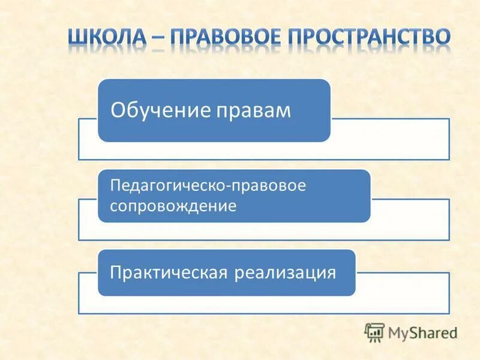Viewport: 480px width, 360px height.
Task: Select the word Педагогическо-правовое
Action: pyautogui.click(x=208, y=185)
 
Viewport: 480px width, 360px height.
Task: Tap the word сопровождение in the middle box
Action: pyautogui.click(x=173, y=206)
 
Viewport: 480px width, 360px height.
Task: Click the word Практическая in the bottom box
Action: pyautogui.click(x=167, y=273)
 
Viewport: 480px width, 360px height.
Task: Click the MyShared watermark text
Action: pyautogui.click(x=422, y=332)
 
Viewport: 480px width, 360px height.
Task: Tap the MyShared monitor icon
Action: pyautogui.click(x=374, y=332)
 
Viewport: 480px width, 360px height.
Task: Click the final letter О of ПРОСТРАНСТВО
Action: pyautogui.click(x=440, y=37)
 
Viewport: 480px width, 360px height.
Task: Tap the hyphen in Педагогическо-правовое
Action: pyautogui.click(x=225, y=186)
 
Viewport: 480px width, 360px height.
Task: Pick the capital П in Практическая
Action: pyautogui.click(x=115, y=273)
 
